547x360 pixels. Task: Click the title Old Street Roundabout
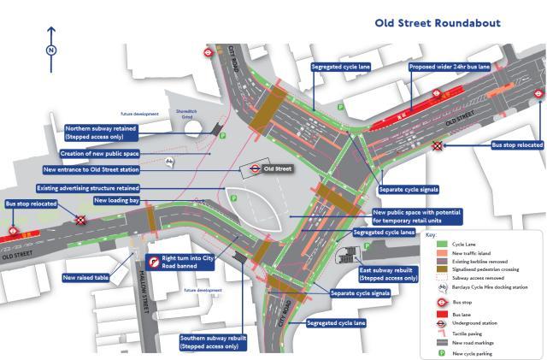[438, 23]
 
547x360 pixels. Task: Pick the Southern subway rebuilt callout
[213, 342]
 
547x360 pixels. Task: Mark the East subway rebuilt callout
[387, 274]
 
